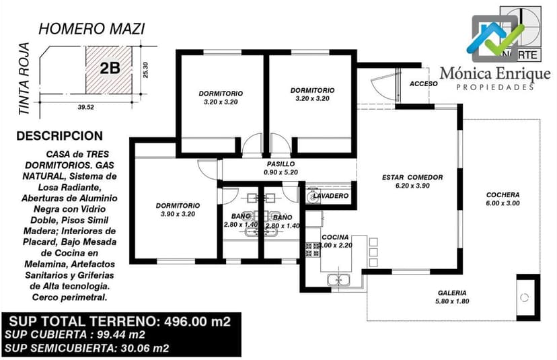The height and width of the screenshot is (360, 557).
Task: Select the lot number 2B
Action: [x=109, y=67]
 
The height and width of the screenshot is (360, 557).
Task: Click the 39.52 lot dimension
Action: [x=85, y=106]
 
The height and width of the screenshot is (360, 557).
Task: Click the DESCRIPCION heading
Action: [x=59, y=136]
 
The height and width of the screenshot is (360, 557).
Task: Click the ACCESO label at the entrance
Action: [x=423, y=84]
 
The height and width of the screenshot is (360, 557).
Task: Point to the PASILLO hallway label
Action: [x=281, y=164]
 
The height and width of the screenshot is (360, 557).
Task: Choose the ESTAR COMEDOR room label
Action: [x=412, y=178]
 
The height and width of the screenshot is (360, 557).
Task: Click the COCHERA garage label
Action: [x=503, y=195]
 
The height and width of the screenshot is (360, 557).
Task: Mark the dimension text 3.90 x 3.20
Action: [x=178, y=214]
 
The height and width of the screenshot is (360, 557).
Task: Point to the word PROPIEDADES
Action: [x=495, y=87]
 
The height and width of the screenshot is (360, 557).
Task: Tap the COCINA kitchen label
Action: [x=334, y=238]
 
